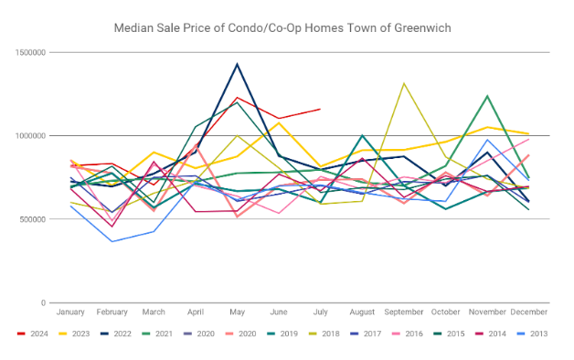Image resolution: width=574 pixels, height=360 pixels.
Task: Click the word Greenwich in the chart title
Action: pos(422,28)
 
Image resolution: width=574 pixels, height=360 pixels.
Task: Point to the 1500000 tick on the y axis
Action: pos(31,53)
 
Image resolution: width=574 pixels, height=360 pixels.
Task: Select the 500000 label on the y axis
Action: pos(33,219)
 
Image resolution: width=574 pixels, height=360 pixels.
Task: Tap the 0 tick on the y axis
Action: pos(44,303)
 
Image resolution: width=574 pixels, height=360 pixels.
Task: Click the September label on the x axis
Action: pos(404,312)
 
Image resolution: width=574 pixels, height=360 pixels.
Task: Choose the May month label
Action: pos(238,312)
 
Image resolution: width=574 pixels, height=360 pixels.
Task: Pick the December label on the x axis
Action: pos(529,312)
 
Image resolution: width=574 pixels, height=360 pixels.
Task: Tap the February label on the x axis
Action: pos(112,312)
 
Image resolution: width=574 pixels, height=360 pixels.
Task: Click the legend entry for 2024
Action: pos(33,334)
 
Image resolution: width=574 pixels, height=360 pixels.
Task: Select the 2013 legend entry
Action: pos(532,334)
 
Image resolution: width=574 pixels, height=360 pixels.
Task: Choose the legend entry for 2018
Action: pos(324,334)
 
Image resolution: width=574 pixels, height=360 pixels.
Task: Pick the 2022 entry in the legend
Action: pos(116,334)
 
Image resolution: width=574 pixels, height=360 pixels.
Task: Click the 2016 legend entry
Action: pos(407,334)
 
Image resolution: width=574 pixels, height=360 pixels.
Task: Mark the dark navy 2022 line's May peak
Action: pos(238,64)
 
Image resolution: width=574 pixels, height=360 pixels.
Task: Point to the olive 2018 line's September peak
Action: pos(404,83)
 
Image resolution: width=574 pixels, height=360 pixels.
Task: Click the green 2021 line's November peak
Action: pos(487,96)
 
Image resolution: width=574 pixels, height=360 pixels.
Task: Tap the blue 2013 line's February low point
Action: pos(112,241)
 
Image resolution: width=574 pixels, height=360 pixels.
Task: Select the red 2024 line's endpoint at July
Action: pos(320,109)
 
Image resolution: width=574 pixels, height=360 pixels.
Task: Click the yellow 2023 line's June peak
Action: pos(279,123)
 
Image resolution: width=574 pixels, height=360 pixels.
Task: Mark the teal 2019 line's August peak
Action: pos(362,135)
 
